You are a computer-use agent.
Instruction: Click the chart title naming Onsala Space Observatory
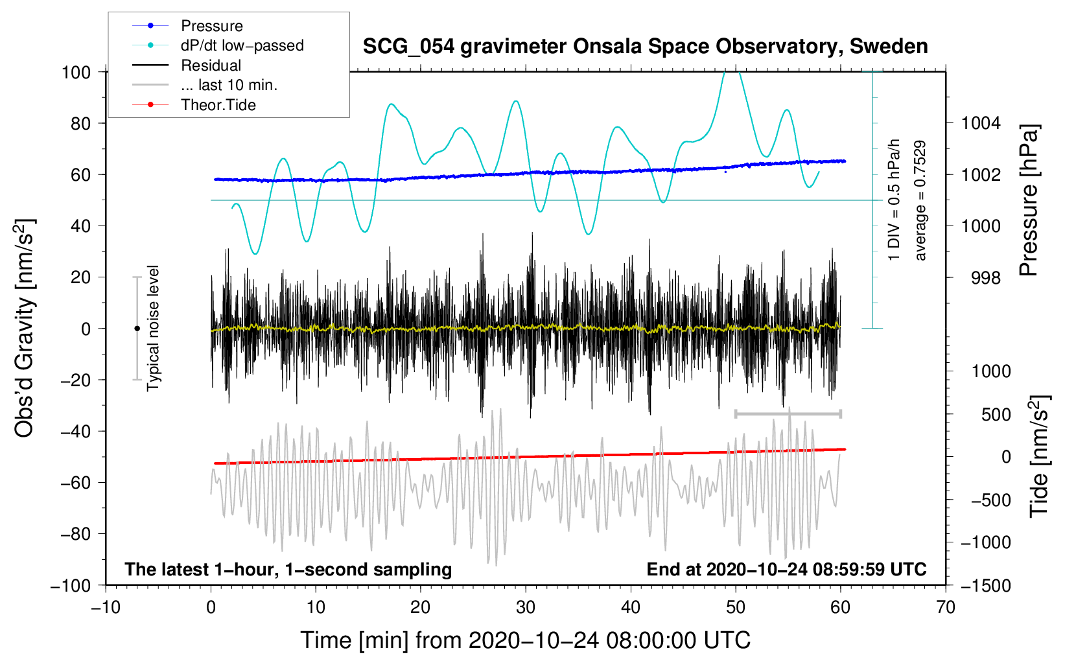click(x=645, y=47)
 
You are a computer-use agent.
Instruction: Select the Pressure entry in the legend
click(x=211, y=26)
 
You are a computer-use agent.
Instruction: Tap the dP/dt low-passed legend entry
click(x=242, y=45)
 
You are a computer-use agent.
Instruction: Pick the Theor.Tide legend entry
click(x=218, y=105)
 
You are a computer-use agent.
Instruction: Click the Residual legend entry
click(x=211, y=65)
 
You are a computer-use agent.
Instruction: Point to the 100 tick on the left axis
click(x=76, y=72)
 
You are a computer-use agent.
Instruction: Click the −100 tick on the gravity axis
click(x=71, y=585)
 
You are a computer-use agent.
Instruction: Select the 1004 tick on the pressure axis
click(x=981, y=123)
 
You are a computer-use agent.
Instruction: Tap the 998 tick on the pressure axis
click(x=985, y=278)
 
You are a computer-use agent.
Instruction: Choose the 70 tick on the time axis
click(x=946, y=607)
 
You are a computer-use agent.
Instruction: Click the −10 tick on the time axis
click(x=106, y=607)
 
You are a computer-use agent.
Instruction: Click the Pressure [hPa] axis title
click(x=1029, y=200)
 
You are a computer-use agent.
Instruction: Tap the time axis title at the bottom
click(x=525, y=640)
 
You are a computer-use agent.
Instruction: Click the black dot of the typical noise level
click(x=137, y=329)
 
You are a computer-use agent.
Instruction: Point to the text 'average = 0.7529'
click(x=920, y=201)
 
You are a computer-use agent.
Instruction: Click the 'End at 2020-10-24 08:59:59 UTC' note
click(x=786, y=569)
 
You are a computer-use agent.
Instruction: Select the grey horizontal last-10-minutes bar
click(x=788, y=413)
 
